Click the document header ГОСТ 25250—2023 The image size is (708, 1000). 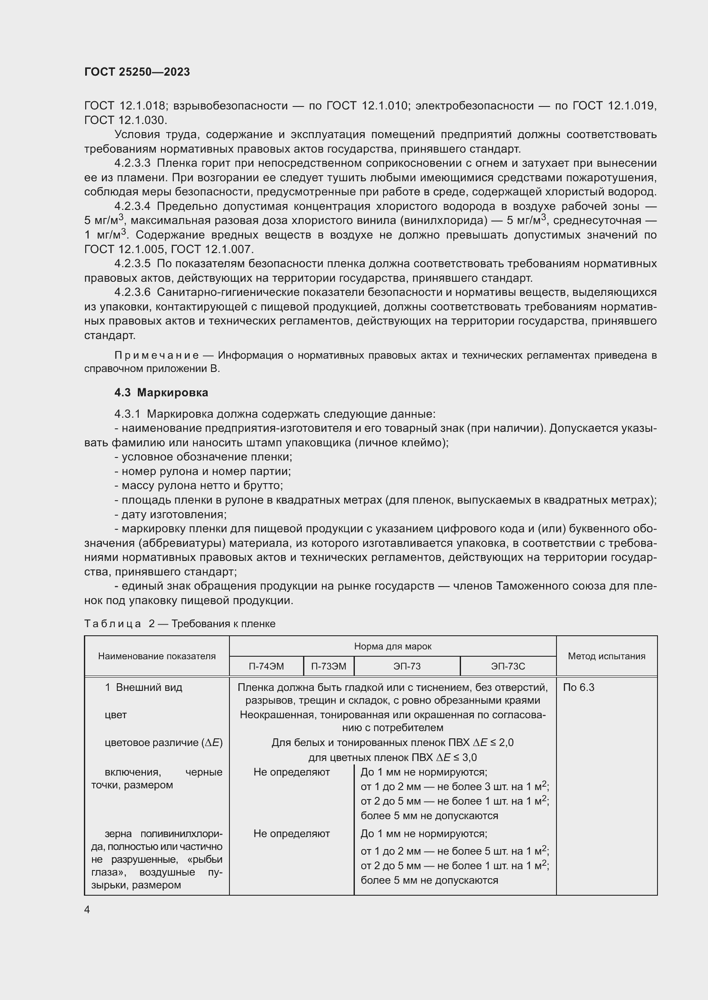pyautogui.click(x=137, y=72)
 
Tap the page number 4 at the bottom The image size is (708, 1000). pyautogui.click(x=87, y=909)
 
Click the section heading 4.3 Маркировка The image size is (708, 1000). pyautogui.click(x=161, y=392)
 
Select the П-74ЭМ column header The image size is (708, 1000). pyautogui.click(x=266, y=666)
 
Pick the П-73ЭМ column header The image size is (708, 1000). pyautogui.click(x=328, y=666)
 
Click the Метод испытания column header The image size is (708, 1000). pyautogui.click(x=606, y=656)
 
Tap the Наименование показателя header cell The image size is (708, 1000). pyautogui.click(x=157, y=656)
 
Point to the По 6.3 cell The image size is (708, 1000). pyautogui.click(x=579, y=687)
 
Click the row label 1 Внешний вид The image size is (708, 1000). pyautogui.click(x=143, y=687)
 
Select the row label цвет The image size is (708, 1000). pyautogui.click(x=116, y=715)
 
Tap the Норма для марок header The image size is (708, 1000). pyautogui.click(x=393, y=646)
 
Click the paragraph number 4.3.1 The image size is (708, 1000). pyautogui.click(x=127, y=414)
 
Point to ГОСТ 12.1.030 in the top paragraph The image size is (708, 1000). pyautogui.click(x=125, y=120)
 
